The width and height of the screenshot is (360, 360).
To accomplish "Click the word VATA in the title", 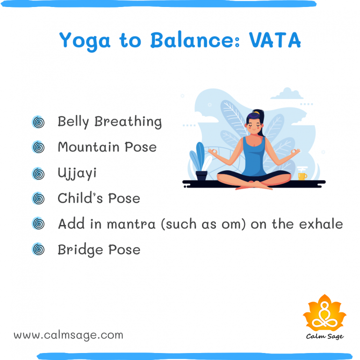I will pos(274,41).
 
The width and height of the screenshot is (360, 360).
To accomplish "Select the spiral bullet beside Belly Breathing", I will pos(38,122).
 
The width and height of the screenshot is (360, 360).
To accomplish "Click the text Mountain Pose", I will pos(107,147).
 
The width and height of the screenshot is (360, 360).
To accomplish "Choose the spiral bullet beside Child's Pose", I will pos(38,199).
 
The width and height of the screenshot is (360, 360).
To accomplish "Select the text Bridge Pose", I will pos(99,250).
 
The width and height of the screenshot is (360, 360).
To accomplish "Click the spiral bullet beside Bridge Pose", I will pos(38,250).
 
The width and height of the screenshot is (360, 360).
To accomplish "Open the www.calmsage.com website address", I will pos(68,335).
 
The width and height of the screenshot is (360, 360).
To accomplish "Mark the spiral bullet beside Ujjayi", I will pos(38,173).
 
